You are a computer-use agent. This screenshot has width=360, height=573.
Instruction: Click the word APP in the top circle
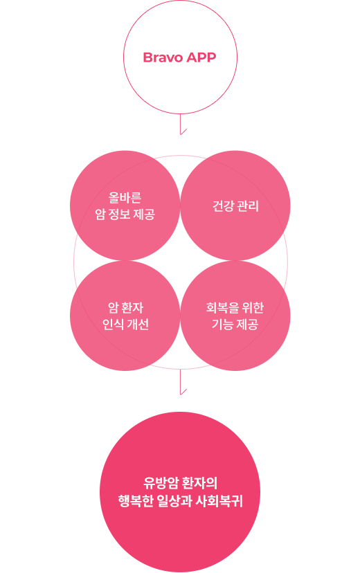pyautogui.click(x=201, y=57)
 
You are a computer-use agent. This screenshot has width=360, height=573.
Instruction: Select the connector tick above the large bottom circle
pyautogui.click(x=183, y=382)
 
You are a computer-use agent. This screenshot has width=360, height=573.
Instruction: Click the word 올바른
pyautogui.click(x=125, y=198)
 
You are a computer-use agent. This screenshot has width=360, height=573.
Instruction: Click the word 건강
pyautogui.click(x=223, y=206)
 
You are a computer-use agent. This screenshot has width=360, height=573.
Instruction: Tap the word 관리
pyautogui.click(x=248, y=206)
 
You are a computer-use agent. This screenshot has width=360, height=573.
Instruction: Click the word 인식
pyautogui.click(x=113, y=324)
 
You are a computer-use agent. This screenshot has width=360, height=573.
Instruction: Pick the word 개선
pyautogui.click(x=138, y=324)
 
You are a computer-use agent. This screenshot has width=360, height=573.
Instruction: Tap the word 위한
pyautogui.click(x=253, y=308)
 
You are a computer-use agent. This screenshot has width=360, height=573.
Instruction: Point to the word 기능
pyautogui.click(x=223, y=324)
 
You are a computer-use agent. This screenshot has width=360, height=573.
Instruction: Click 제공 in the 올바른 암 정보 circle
pyautogui.click(x=144, y=214)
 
